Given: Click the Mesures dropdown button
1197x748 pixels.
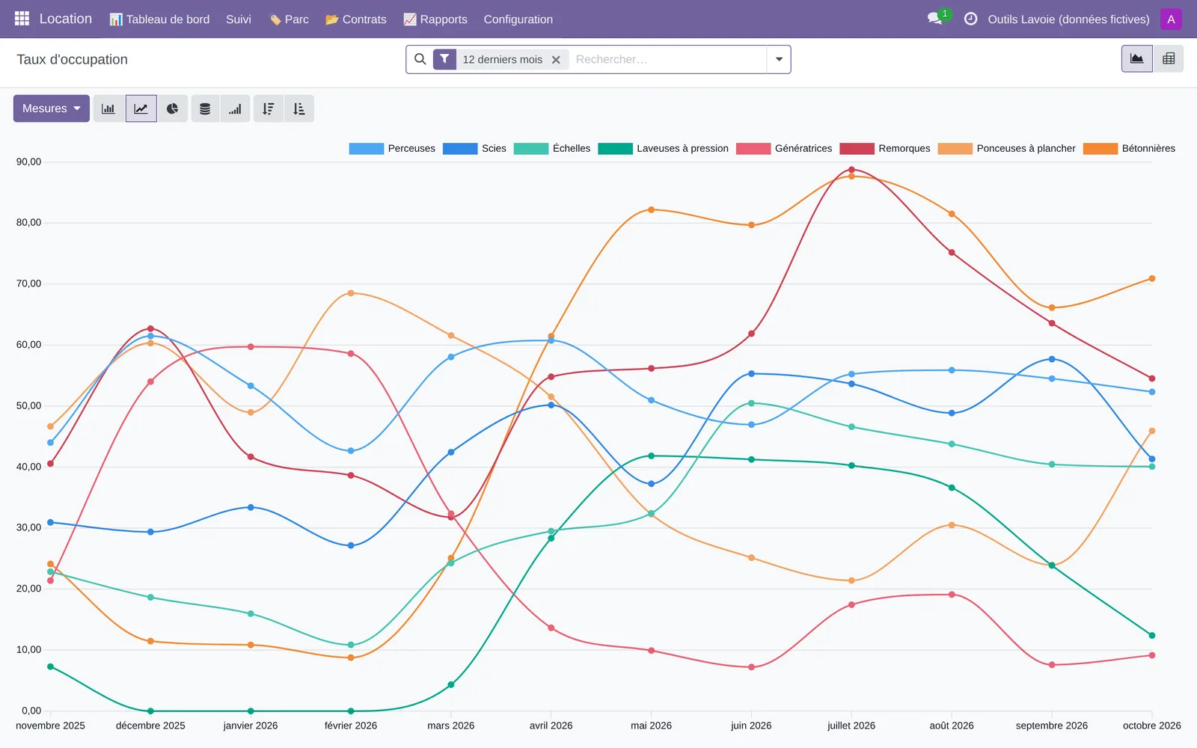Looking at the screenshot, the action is pos(52,108).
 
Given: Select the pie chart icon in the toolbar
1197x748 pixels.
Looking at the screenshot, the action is pos(172,109).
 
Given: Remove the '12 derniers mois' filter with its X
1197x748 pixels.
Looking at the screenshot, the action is pos(556,60).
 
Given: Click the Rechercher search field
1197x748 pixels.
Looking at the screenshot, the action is pos(668,59).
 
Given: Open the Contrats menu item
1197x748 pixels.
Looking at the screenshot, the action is pos(356,19).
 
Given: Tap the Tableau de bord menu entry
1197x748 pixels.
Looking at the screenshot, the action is pos(159,19).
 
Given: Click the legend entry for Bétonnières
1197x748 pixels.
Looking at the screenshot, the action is pos(1129,149).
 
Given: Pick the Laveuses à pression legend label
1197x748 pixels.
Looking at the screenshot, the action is pos(682,149).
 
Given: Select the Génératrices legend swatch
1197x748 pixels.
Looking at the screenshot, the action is pos(753,149).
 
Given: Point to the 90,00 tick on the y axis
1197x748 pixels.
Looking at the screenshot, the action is pos(28,162).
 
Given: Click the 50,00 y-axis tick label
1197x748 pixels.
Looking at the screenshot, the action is pos(28,405).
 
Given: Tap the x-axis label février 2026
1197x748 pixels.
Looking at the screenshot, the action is pos(351,726).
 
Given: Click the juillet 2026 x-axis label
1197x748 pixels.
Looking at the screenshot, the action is pos(851,726).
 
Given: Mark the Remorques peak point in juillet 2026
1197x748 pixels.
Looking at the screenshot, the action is pos(851,170).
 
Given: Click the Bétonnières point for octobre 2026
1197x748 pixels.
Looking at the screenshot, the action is pos(1151,278).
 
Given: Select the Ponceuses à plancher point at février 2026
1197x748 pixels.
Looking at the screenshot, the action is pos(351,293).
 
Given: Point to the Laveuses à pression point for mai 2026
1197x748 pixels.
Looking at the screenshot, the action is pos(651,456).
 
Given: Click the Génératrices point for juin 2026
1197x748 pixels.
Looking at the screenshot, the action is pos(751,666).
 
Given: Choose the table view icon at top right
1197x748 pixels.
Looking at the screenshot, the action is pos(1168,59).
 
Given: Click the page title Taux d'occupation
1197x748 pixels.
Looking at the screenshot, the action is pos(72,59).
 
